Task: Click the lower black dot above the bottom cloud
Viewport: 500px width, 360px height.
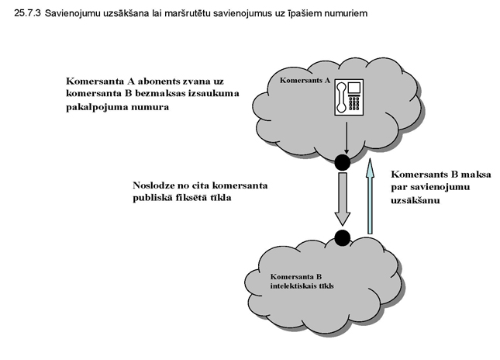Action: (x=342, y=237)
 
